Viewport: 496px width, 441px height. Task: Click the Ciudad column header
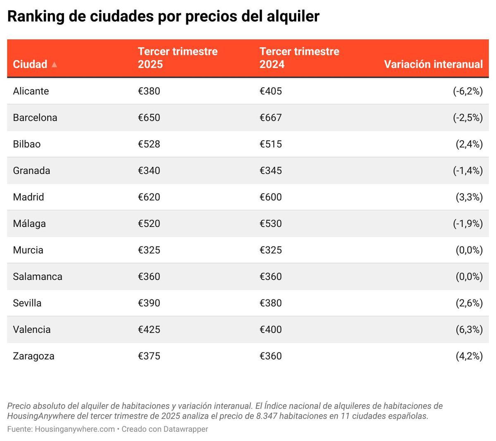pos(30,64)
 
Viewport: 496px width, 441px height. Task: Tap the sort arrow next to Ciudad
pos(54,65)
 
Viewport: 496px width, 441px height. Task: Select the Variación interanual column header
pos(433,64)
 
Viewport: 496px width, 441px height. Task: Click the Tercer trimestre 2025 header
pos(177,58)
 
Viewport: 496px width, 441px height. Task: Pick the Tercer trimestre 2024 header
pos(299,58)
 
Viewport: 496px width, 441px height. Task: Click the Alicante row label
pos(31,91)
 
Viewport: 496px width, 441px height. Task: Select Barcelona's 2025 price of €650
pos(149,118)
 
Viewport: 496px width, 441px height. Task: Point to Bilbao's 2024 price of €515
pos(270,144)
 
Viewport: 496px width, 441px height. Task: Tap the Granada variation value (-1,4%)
pos(467,171)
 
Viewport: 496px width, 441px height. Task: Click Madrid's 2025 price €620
pos(149,197)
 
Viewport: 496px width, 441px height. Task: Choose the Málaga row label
pos(29,224)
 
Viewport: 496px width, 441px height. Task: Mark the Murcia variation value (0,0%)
pos(469,250)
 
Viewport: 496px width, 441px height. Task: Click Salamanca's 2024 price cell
pos(270,277)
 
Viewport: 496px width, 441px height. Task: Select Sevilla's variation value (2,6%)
pos(469,303)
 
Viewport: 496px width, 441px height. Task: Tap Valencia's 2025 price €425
pos(149,330)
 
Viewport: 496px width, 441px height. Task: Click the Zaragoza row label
pos(33,356)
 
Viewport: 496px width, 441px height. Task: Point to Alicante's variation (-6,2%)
pos(467,91)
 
